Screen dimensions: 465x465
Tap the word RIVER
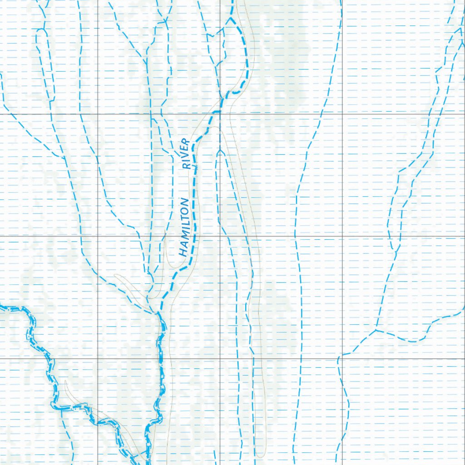tap(185, 154)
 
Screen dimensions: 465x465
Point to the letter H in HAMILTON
tap(183, 252)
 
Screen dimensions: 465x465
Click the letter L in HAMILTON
tap(184, 221)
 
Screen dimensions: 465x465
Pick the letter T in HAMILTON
tap(184, 214)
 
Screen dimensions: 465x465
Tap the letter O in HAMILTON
tap(184, 208)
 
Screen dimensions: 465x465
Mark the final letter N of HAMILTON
tap(184, 201)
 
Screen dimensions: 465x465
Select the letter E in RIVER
tap(185, 148)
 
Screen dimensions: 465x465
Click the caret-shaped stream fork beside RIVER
tap(220, 153)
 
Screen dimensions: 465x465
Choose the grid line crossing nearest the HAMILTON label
tap(220, 236)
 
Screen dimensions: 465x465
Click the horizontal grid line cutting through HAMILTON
tap(136, 236)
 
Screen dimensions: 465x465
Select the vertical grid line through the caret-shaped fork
tap(220, 191)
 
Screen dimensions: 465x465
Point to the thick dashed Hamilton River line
tap(195, 204)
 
